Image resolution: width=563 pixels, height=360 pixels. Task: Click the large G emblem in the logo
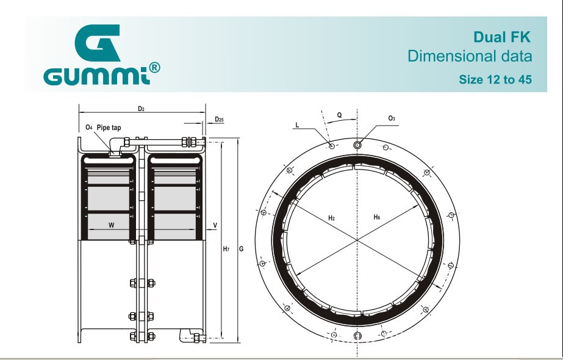tap(97, 43)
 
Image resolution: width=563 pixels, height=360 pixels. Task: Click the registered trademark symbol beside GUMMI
tap(154, 68)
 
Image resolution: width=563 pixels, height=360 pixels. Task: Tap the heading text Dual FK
tap(501, 37)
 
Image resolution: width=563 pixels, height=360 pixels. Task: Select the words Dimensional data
tap(470, 56)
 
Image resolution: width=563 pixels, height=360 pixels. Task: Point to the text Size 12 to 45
tap(495, 79)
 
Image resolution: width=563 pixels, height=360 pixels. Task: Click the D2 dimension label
tap(141, 109)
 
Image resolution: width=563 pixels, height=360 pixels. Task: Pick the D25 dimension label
tap(219, 119)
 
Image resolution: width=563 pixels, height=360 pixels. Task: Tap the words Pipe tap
tap(109, 128)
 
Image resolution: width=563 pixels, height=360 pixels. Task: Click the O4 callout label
tap(88, 127)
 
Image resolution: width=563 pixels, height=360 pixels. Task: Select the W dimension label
tap(111, 225)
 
